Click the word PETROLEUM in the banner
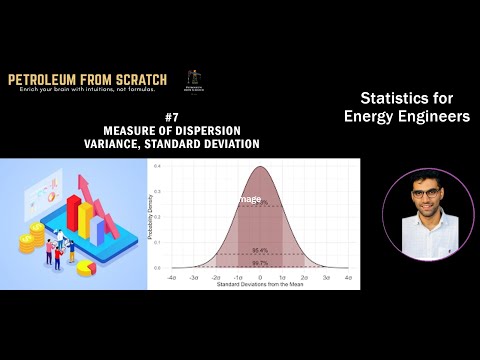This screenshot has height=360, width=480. click(44, 79)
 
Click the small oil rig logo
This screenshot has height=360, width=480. click(192, 79)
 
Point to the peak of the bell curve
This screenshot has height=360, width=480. click(260, 167)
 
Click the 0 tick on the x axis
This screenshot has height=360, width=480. click(260, 276)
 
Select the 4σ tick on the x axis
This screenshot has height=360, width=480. click(347, 276)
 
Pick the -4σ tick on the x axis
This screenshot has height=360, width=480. click(172, 276)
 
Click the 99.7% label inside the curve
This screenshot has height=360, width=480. click(260, 262)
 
